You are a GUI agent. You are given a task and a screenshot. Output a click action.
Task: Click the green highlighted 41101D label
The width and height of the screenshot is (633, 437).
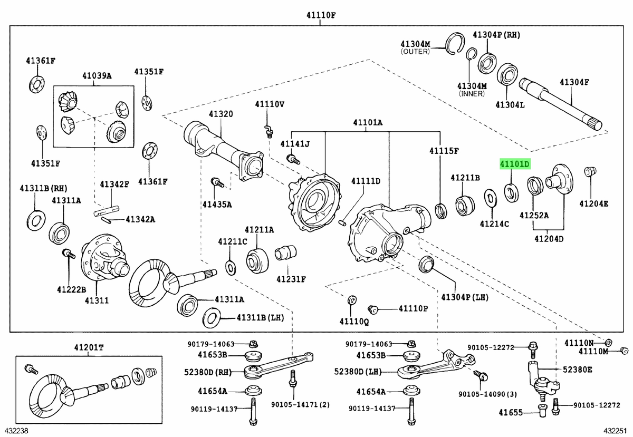[x=515, y=164]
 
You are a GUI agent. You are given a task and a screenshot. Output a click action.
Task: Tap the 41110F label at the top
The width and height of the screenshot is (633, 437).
[x=321, y=15]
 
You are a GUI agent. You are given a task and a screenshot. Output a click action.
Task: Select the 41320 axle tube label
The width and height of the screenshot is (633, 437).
[x=220, y=114]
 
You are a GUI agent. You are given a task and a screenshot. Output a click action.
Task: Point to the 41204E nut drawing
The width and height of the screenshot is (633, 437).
[x=590, y=171]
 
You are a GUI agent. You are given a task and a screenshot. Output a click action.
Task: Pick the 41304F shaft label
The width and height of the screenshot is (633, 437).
[x=574, y=82]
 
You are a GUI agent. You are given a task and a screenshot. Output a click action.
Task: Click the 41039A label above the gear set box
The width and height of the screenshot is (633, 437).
[x=97, y=76]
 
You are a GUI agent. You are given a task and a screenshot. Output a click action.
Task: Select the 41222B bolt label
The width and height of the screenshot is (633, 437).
[x=71, y=289]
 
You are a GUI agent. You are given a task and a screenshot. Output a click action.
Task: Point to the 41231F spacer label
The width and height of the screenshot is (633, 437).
[x=291, y=279]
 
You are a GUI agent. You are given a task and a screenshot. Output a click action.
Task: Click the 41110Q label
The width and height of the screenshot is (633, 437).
[x=354, y=322]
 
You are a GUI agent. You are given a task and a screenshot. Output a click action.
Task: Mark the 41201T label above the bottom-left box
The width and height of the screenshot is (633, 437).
[x=89, y=347]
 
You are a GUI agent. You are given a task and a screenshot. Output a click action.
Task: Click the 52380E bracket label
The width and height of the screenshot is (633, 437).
[x=577, y=370]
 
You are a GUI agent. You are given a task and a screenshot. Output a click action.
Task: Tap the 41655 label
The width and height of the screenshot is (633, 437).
[x=511, y=413]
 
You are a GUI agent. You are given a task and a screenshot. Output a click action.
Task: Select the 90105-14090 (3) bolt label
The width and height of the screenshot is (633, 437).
[x=487, y=394]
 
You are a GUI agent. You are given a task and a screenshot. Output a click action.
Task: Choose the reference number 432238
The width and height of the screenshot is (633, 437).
[x=16, y=431]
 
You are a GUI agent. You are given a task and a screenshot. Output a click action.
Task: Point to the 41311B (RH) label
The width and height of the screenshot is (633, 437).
[x=43, y=188]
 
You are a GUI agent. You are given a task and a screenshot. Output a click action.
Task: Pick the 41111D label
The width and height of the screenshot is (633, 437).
[x=366, y=181]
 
